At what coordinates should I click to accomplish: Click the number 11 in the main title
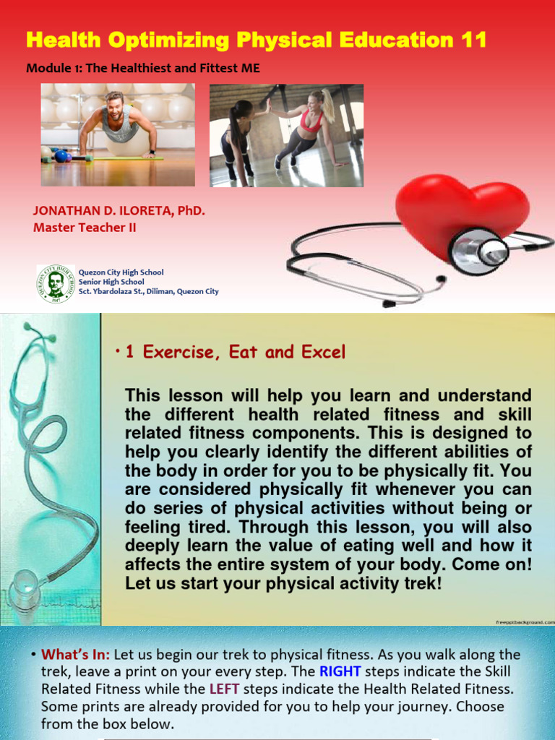point(473,40)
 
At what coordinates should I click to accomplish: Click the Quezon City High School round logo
point(55,283)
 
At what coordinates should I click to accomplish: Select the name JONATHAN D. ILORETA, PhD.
point(119,211)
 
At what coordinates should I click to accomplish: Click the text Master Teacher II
point(85,228)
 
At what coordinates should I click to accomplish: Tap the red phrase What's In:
point(75,655)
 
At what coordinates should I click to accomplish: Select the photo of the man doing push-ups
point(118,135)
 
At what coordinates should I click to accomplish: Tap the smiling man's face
point(114,107)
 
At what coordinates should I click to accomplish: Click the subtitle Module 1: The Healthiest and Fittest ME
point(142,69)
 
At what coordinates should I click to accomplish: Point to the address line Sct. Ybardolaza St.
point(148,291)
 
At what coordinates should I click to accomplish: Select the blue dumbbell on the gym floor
point(62,156)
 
